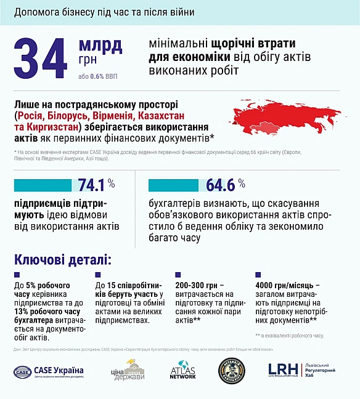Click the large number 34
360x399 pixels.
coord(41,60)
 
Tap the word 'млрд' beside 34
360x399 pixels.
coord(100,45)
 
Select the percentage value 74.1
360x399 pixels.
coord(92,185)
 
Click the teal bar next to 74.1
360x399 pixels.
coord(43,185)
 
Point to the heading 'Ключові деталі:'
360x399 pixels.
coord(63,259)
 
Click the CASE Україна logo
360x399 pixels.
coord(49,371)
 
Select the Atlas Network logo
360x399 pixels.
coord(182,371)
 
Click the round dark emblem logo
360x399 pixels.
coord(232,371)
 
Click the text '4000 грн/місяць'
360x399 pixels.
coord(287,286)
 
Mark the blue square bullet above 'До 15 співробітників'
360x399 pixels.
coord(99,275)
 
